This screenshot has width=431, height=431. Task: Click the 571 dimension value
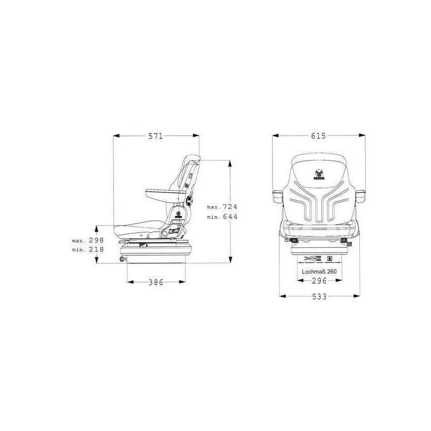(156, 136)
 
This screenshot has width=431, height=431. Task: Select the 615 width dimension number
(318, 136)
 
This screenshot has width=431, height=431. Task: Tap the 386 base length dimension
(156, 282)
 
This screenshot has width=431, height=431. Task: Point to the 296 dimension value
(319, 281)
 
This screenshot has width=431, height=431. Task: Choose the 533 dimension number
(319, 297)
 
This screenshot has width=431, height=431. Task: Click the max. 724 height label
(222, 207)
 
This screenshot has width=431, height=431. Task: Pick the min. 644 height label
(222, 217)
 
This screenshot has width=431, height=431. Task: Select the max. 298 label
(88, 240)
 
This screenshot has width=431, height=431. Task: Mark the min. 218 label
(88, 249)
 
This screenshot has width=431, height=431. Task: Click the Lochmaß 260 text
(319, 272)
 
